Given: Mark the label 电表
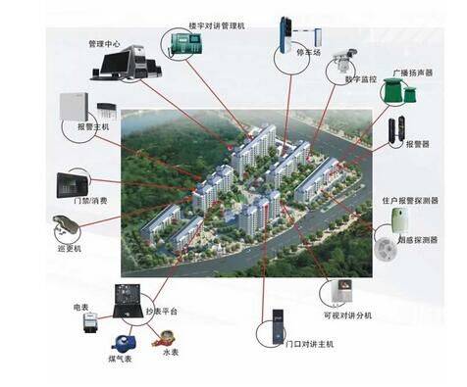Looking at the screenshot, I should click(82, 308).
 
